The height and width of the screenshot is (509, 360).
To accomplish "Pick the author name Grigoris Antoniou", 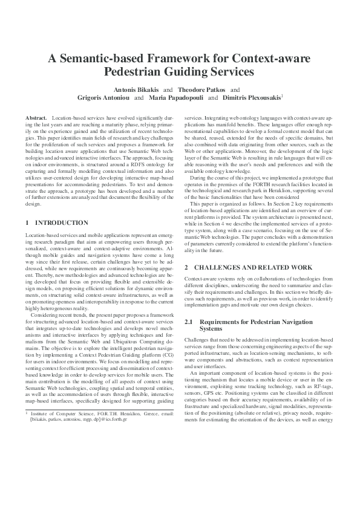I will (x=102, y=97).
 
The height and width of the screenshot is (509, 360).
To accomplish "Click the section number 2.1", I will (x=190, y=323).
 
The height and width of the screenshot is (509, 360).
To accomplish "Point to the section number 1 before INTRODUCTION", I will (x=27, y=223).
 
